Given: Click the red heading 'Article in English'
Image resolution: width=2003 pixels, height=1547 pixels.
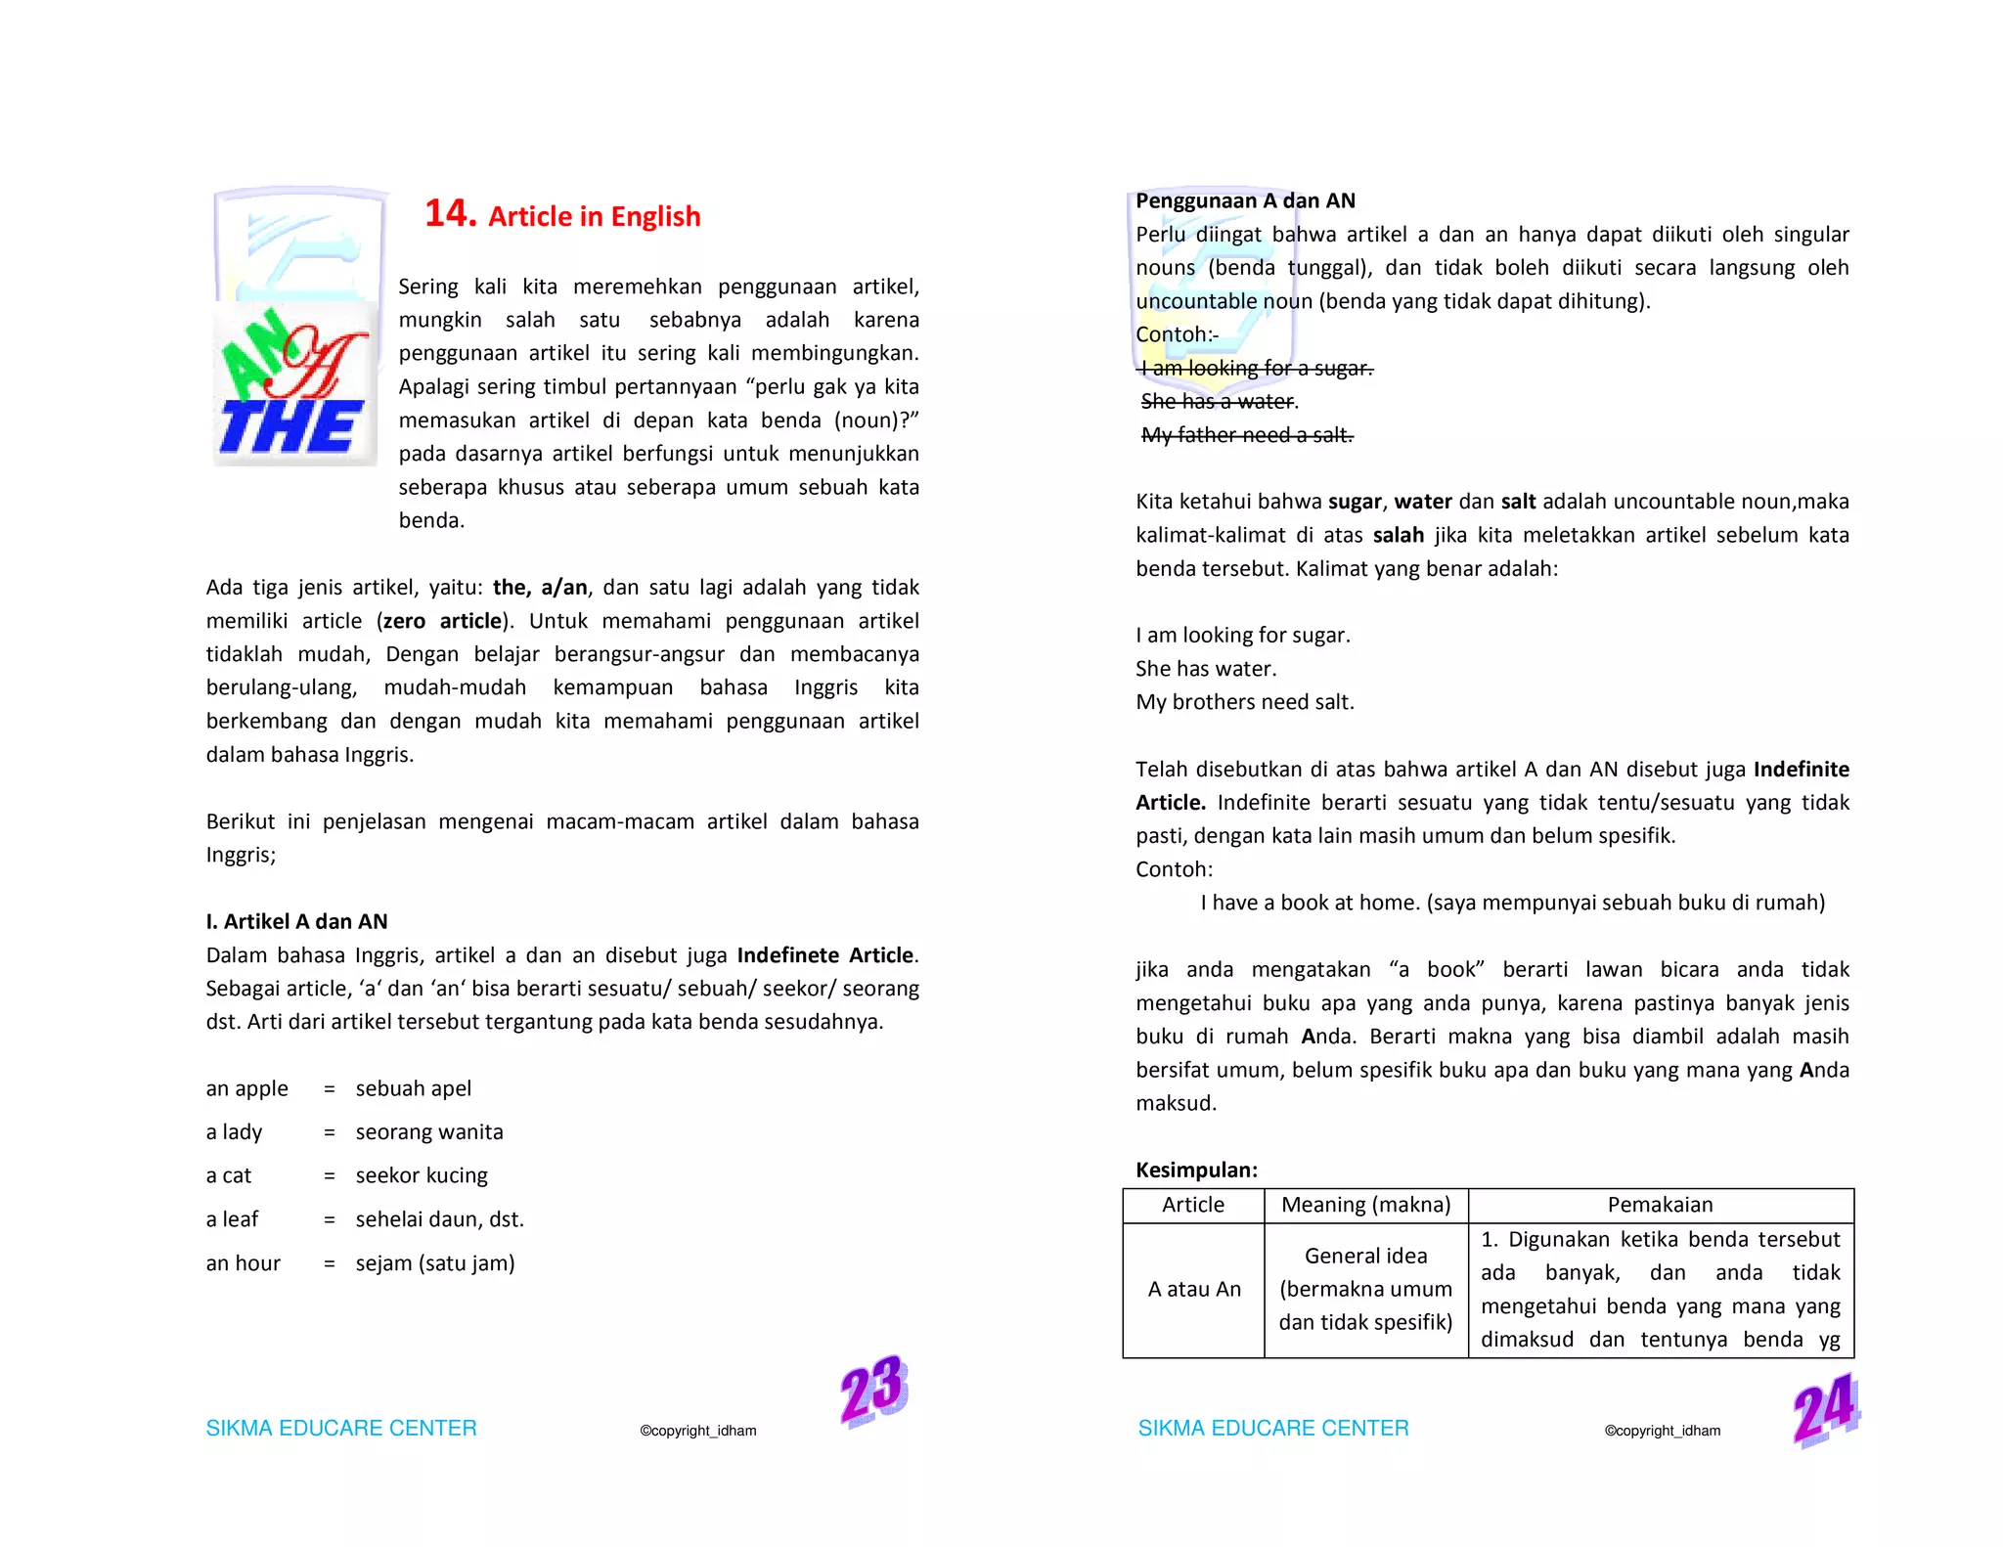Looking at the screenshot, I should pyautogui.click(x=594, y=216).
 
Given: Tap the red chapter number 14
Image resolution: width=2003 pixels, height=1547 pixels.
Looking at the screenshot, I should pyautogui.click(x=449, y=213).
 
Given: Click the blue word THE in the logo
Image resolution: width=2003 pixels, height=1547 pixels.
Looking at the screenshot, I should pyautogui.click(x=290, y=427).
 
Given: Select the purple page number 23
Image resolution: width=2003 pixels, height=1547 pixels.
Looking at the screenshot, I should pyautogui.click(x=873, y=1389).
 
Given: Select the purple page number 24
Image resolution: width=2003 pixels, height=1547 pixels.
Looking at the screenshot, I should pyautogui.click(x=1825, y=1409).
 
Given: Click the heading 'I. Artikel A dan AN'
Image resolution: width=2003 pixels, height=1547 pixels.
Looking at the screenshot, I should pyautogui.click(x=296, y=921).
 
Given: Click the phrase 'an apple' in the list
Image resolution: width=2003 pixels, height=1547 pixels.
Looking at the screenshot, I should pyautogui.click(x=246, y=1088).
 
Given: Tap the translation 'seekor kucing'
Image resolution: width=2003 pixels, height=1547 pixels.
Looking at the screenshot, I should pyautogui.click(x=422, y=1175).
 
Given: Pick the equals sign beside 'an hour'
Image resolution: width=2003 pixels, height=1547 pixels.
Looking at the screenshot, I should pyautogui.click(x=330, y=1263).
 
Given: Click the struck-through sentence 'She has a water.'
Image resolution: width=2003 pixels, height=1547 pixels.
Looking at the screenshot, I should pyautogui.click(x=1219, y=401).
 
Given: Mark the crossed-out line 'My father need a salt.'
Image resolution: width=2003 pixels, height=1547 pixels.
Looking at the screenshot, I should pyautogui.click(x=1247, y=434).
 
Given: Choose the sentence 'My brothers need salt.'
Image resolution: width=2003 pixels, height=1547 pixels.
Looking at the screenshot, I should pyautogui.click(x=1244, y=702).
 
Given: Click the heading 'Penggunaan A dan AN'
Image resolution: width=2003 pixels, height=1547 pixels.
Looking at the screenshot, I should pyautogui.click(x=1245, y=200).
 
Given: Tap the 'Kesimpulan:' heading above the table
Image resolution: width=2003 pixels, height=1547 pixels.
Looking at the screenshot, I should pyautogui.click(x=1196, y=1170).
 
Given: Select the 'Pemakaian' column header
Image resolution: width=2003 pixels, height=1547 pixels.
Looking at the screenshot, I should pyautogui.click(x=1660, y=1205).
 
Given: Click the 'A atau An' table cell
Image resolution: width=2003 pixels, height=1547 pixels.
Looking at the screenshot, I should pyautogui.click(x=1193, y=1290).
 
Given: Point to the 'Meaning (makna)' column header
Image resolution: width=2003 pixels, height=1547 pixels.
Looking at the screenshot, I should pyautogui.click(x=1365, y=1205).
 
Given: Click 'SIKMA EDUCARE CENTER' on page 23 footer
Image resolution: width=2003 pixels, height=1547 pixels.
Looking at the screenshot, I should pyautogui.click(x=341, y=1428).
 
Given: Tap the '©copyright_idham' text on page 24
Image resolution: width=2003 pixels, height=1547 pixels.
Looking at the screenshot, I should pyautogui.click(x=1662, y=1431).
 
